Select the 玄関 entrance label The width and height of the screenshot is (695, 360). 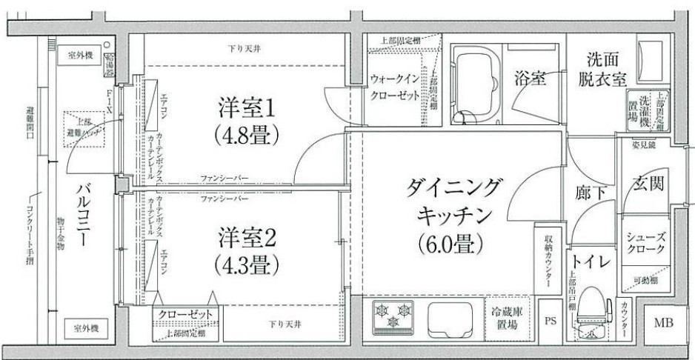click(646, 184)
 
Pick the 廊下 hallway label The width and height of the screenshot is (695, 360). click(592, 191)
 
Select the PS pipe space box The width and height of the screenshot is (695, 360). click(549, 321)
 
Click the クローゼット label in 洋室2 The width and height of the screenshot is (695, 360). click(186, 315)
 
